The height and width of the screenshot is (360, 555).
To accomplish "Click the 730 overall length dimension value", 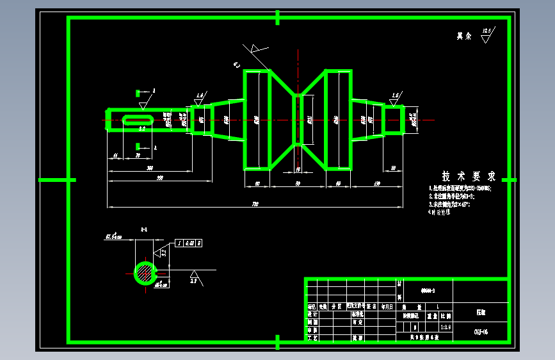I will point(255,204).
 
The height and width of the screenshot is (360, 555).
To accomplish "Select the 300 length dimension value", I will point(150,168).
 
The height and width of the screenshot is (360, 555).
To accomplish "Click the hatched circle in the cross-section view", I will point(145,273).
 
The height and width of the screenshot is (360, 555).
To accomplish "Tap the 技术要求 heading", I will point(469,176).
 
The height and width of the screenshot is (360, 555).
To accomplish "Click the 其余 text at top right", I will point(463,37).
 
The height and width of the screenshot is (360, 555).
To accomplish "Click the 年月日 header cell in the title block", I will point(387,307).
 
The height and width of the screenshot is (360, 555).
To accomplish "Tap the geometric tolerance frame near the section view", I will point(189,243).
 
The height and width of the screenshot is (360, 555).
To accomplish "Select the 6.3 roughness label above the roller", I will point(236,64).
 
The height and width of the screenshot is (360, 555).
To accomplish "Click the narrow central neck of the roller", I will point(298,120).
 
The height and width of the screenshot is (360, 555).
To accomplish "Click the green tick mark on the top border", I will point(277,17).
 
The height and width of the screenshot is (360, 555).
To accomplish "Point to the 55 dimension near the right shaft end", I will point(392,168).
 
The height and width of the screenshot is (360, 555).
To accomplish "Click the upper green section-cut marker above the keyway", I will point(139,93).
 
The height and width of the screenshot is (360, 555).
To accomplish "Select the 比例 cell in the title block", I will point(446,316).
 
